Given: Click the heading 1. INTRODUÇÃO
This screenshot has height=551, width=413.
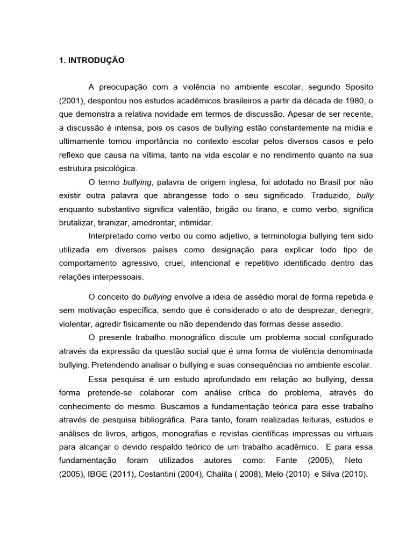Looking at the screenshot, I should click(x=91, y=61).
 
